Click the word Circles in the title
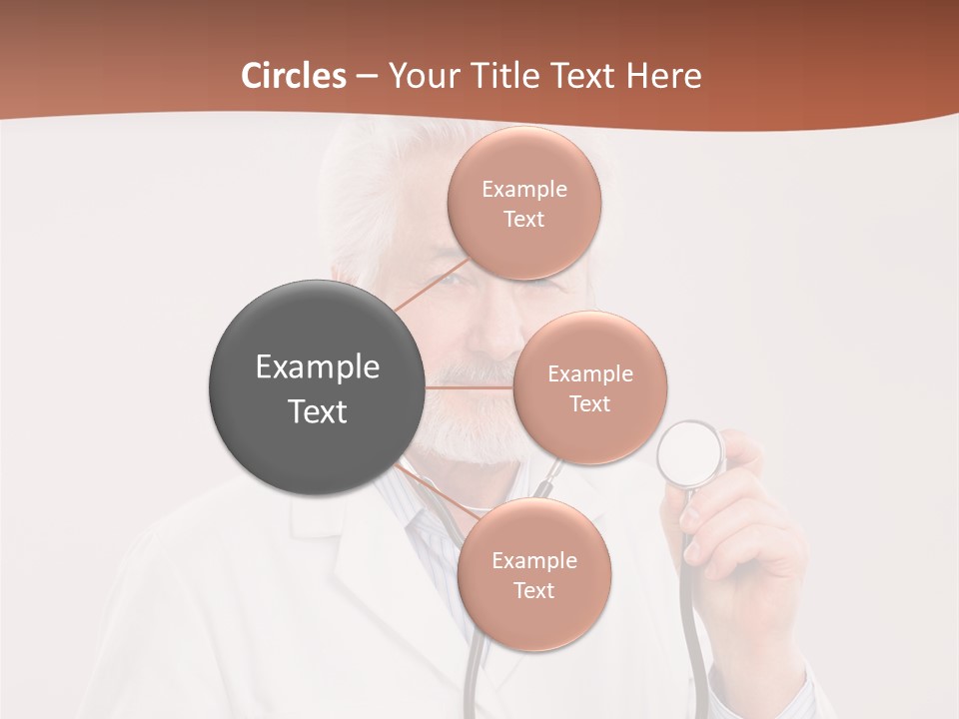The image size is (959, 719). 294,76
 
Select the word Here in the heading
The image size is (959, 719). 663,76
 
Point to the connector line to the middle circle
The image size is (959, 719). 470,387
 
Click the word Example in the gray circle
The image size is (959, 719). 317,367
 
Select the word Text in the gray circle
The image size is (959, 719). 317,411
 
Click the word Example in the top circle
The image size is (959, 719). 523,189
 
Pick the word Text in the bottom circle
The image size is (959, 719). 533,590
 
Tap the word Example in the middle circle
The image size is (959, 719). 589,373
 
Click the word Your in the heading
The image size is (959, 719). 420,76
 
